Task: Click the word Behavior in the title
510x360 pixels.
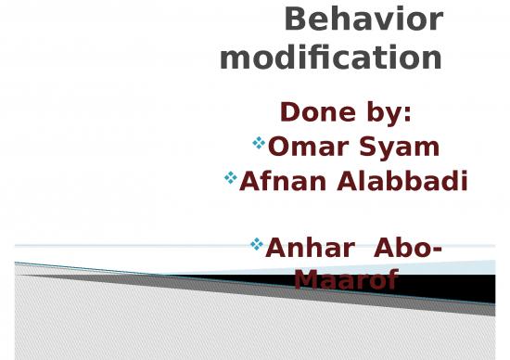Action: [x=363, y=19]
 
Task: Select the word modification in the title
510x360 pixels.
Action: [x=331, y=58]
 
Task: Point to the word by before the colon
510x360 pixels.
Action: [x=382, y=113]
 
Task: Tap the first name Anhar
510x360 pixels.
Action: [x=305, y=249]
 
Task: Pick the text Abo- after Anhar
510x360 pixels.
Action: [x=407, y=249]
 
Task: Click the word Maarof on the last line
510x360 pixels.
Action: [x=346, y=278]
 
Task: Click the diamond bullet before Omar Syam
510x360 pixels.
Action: [x=259, y=143]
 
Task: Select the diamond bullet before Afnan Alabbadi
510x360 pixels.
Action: [x=231, y=177]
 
